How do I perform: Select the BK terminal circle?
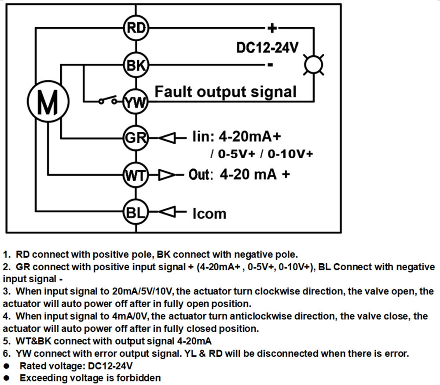[136, 65]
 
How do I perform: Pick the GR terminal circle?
[136, 138]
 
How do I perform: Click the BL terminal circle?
[136, 212]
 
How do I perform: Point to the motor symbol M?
[48, 103]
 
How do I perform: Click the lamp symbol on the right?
[315, 65]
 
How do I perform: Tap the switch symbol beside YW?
[108, 100]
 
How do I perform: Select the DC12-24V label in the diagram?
[268, 47]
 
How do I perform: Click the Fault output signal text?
[225, 92]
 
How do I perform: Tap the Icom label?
[209, 214]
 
